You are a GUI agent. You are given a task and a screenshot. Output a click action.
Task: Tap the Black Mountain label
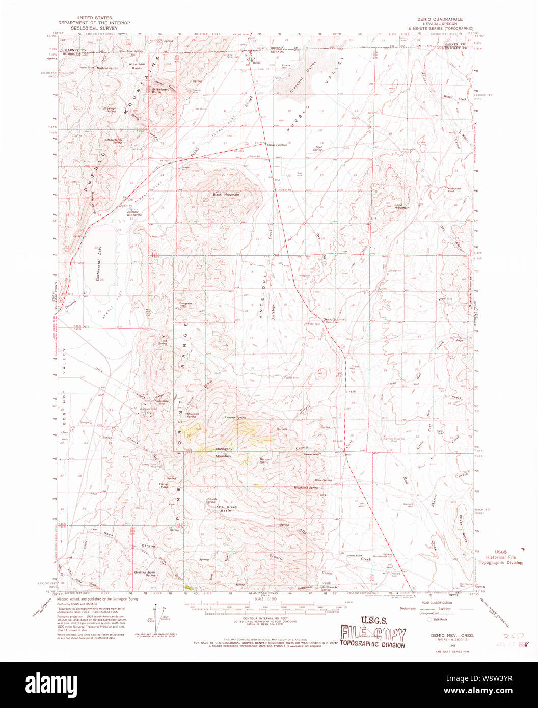tap(226, 195)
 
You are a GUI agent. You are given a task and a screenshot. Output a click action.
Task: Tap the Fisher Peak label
tap(164, 486)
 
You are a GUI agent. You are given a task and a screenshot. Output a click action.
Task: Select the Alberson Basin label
tap(137, 66)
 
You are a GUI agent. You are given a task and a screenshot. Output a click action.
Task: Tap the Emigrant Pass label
tap(185, 304)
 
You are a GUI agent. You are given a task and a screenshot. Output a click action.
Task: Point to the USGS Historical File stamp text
tap(498, 557)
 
